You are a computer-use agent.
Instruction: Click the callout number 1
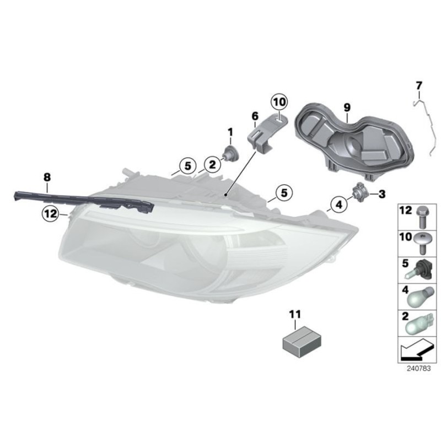point(230,132)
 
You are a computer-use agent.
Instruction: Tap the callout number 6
point(255,116)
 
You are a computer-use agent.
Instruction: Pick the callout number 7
point(418,85)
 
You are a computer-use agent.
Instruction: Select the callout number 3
point(381,193)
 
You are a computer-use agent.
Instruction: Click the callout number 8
point(47,177)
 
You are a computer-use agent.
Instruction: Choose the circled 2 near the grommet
point(211,164)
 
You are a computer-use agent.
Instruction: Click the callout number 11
point(295,314)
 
